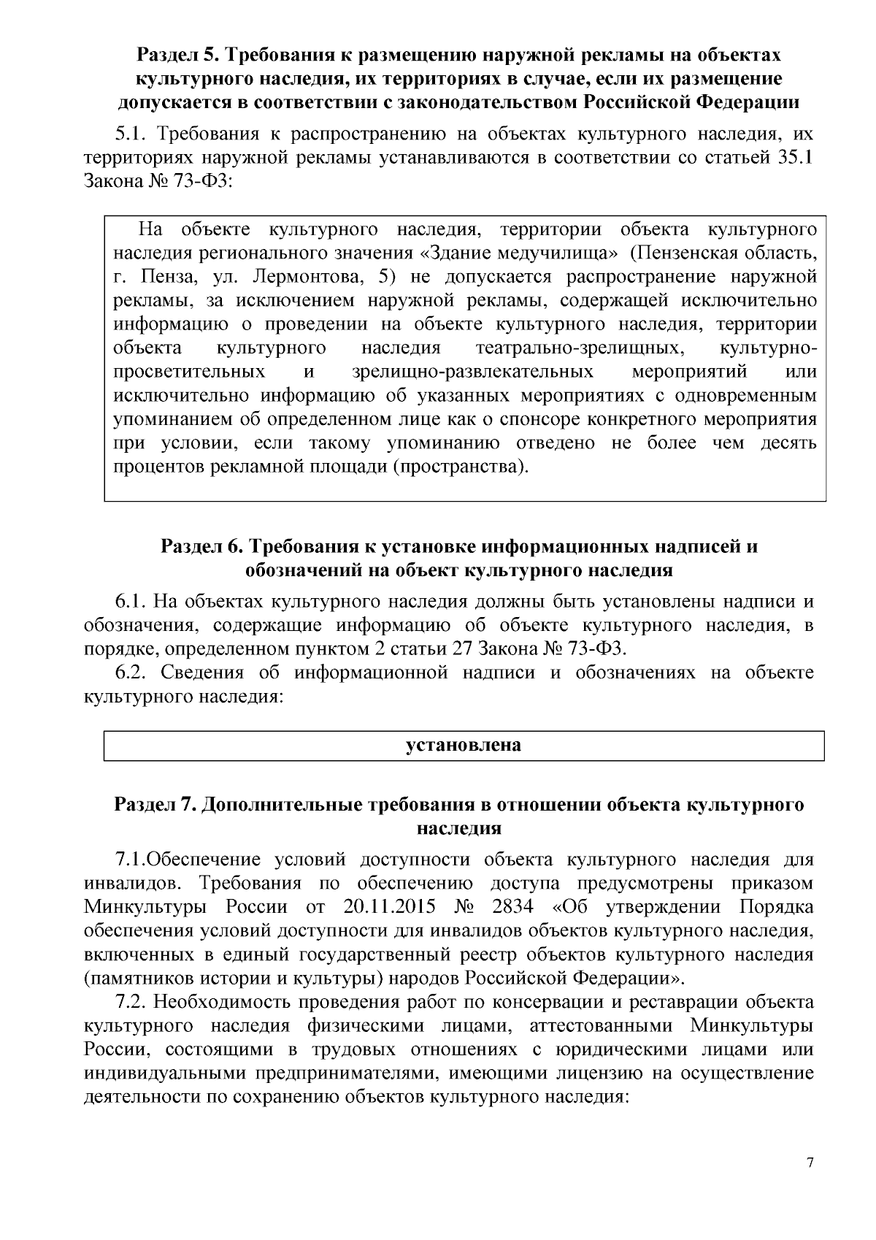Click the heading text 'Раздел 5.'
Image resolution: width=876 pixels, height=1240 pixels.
(179, 56)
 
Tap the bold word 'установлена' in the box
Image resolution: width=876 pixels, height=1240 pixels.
(464, 746)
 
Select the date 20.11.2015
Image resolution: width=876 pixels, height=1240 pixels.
(388, 907)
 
